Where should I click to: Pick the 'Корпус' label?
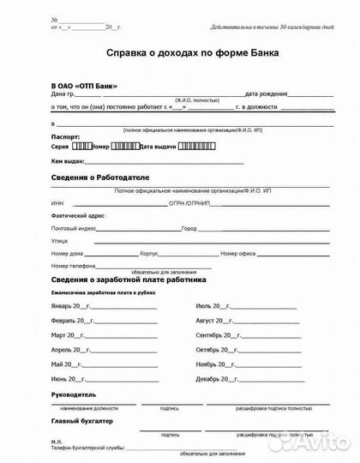point(149,255)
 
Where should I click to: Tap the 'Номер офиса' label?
point(240,255)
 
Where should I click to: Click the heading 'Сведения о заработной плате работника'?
point(129,280)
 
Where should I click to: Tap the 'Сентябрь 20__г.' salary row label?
point(219,334)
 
